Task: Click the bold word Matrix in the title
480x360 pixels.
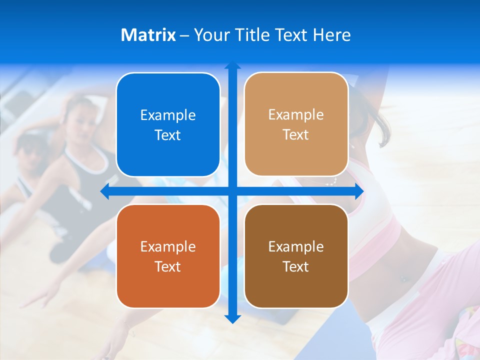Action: pyautogui.click(x=148, y=35)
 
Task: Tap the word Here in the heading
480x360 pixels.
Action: pyautogui.click(x=331, y=35)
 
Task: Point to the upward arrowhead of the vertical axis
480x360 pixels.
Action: pyautogui.click(x=232, y=65)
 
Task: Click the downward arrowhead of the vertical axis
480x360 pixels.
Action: pyautogui.click(x=232, y=318)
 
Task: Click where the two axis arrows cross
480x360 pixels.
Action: pyautogui.click(x=232, y=191)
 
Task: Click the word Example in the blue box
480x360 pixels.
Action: pyautogui.click(x=168, y=115)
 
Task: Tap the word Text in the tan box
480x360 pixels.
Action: pyautogui.click(x=296, y=135)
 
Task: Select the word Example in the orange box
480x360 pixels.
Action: pyautogui.click(x=168, y=247)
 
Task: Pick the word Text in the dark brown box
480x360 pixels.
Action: pyautogui.click(x=296, y=267)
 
